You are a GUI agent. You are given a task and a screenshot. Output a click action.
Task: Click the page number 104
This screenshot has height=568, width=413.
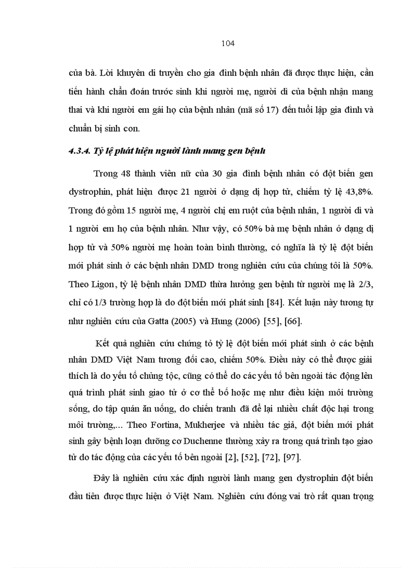point(228,43)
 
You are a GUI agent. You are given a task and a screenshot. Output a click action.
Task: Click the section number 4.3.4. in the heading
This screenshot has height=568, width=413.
point(80,151)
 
